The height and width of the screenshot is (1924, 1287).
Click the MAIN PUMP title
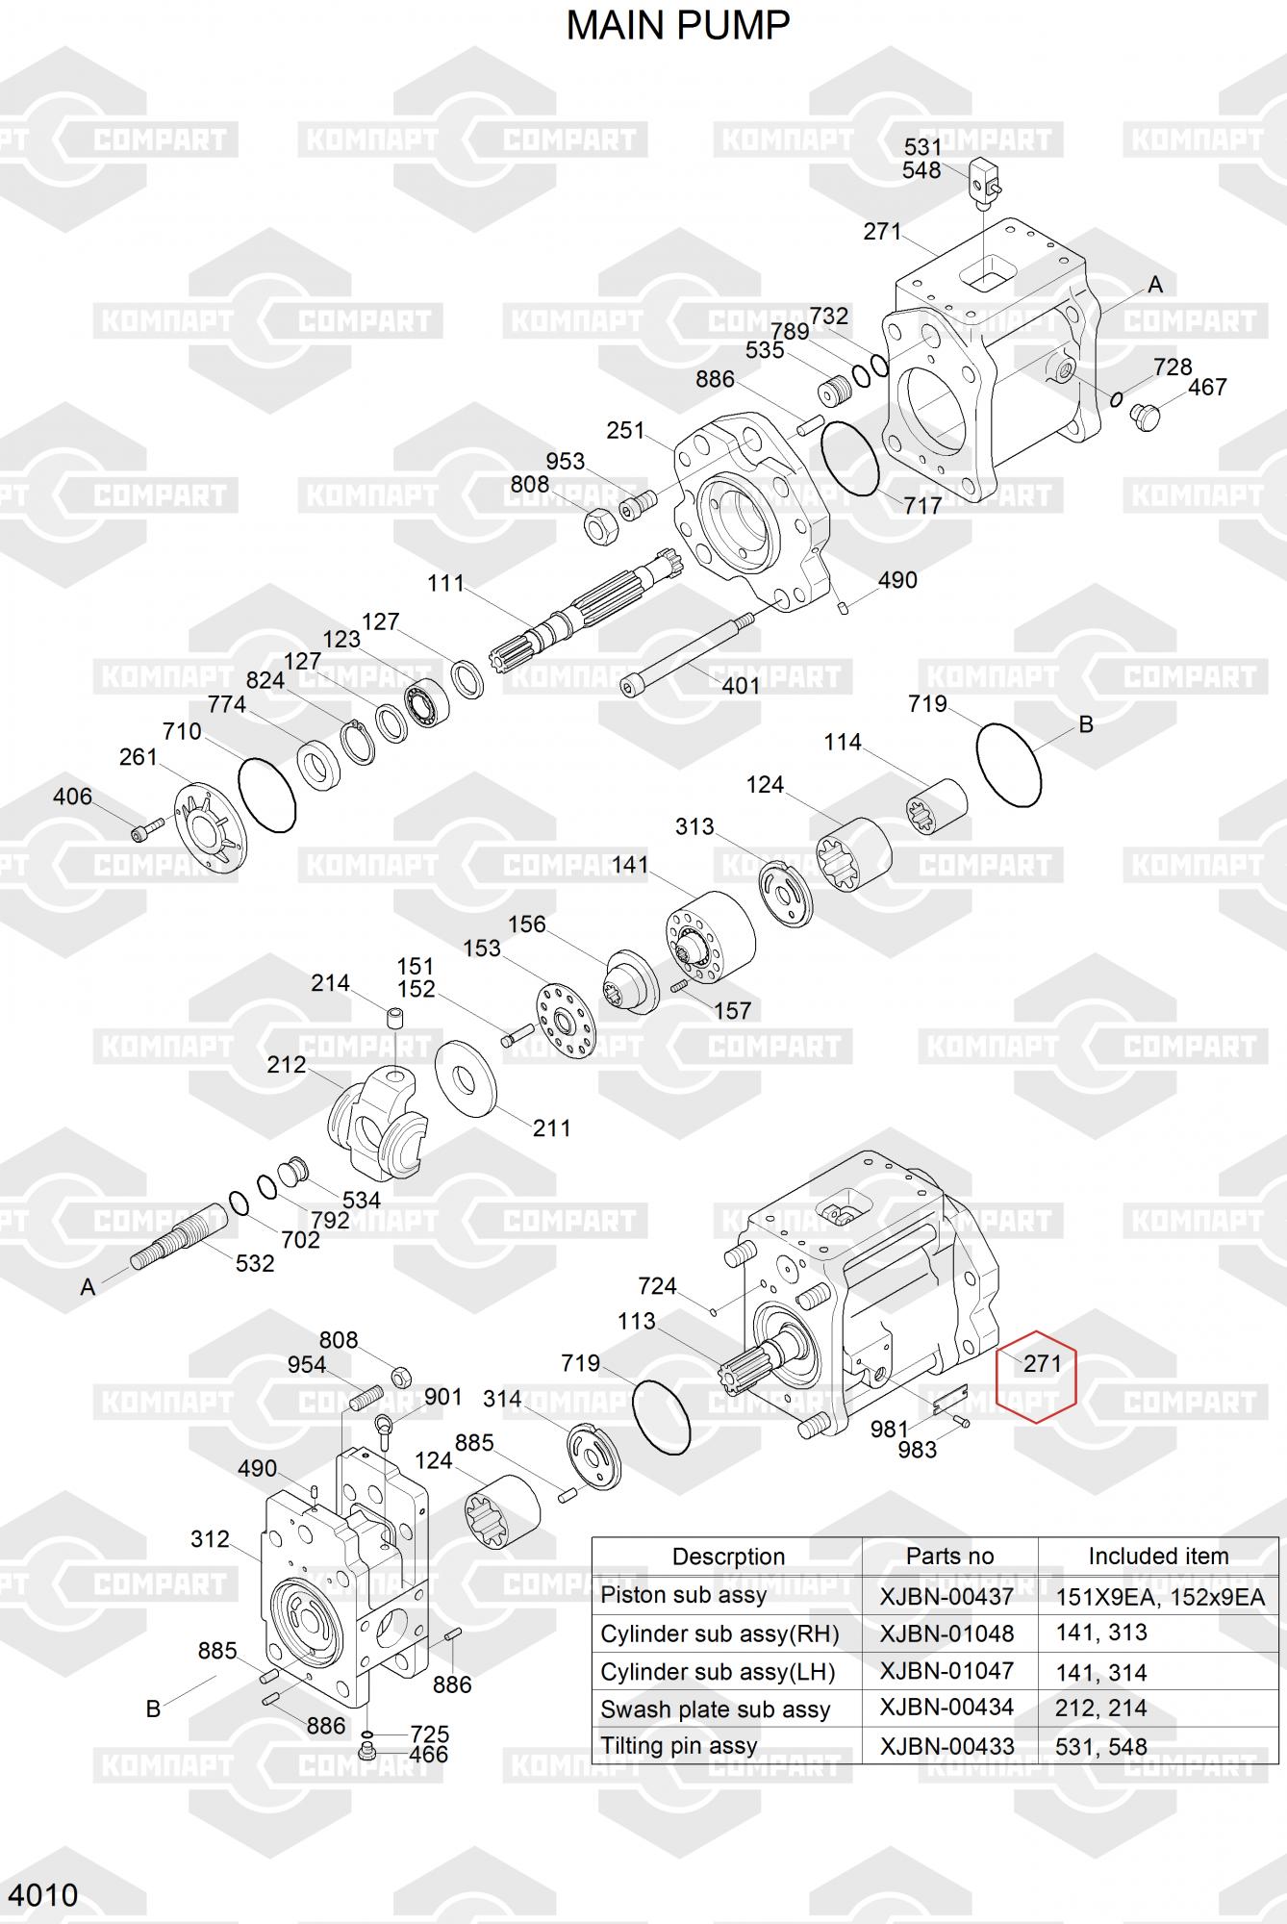pyautogui.click(x=678, y=26)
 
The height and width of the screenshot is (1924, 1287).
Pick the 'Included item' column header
pyautogui.click(x=1158, y=1557)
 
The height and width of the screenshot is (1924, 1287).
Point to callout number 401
pyautogui.click(x=741, y=685)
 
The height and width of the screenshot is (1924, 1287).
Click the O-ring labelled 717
pyautogui.click(x=850, y=458)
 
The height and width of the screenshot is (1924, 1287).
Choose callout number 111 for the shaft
pyautogui.click(x=446, y=583)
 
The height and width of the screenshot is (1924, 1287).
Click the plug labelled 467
pyautogui.click(x=1146, y=417)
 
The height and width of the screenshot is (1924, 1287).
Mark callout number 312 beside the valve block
pyautogui.click(x=210, y=1539)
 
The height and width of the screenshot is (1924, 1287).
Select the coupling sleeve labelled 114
pyautogui.click(x=938, y=806)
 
